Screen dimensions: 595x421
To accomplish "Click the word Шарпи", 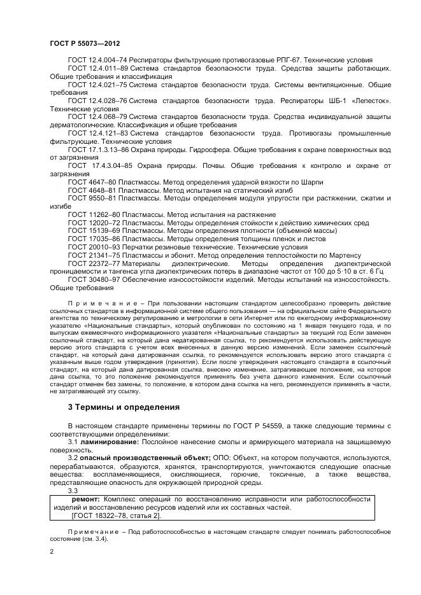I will coord(288,183).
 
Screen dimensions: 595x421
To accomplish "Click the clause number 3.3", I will coord(73,490).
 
